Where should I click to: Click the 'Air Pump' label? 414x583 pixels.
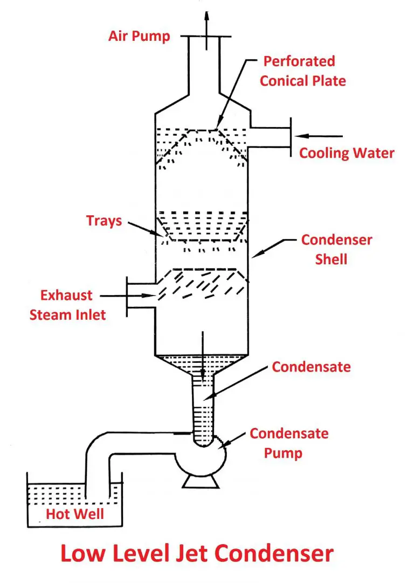pos(139,37)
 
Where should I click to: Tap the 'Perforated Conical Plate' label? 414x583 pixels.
pos(303,71)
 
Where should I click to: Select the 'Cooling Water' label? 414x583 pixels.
pos(347,153)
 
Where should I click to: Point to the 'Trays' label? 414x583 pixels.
pos(103,221)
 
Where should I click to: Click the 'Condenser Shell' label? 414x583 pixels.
pos(336,249)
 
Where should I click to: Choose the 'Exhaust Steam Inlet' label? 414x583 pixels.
pos(68,305)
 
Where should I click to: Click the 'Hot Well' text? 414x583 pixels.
pos(74,514)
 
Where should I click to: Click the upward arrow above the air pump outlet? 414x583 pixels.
pos(206,22)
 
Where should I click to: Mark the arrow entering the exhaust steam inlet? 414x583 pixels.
pos(127,296)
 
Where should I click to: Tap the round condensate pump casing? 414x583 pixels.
pos(201,458)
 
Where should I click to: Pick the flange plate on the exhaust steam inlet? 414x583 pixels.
pos(127,296)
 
